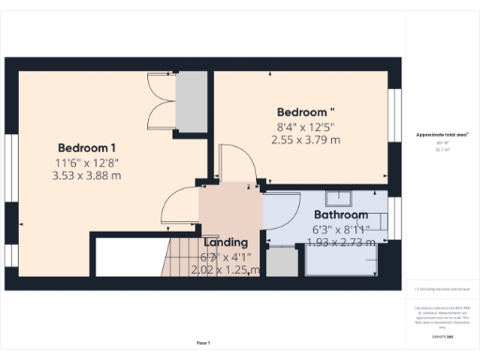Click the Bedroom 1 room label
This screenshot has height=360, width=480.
[x=87, y=148]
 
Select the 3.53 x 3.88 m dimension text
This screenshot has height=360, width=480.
[x=87, y=174]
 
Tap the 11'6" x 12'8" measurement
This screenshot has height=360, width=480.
[x=87, y=161]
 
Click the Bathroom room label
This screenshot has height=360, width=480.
[x=340, y=215]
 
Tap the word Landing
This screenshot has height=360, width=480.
[x=225, y=241]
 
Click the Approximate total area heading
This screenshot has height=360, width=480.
[x=442, y=135]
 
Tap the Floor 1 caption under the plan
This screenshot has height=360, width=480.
[x=202, y=343]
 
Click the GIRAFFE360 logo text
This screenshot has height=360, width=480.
[x=442, y=335]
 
